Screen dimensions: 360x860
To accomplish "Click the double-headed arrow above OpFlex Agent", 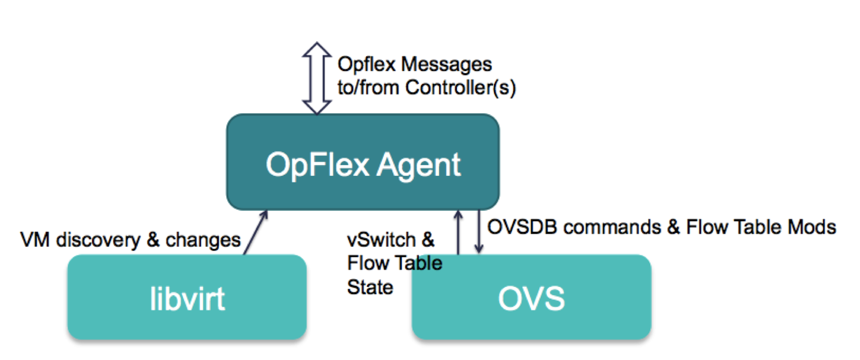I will [317, 78].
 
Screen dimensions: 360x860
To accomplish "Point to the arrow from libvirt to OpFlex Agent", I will [256, 232].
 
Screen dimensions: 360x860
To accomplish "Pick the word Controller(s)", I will [461, 88].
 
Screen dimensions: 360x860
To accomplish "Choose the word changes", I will [203, 240].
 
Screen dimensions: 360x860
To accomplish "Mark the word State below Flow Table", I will [370, 287].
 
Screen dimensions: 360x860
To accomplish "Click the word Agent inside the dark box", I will [418, 165].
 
